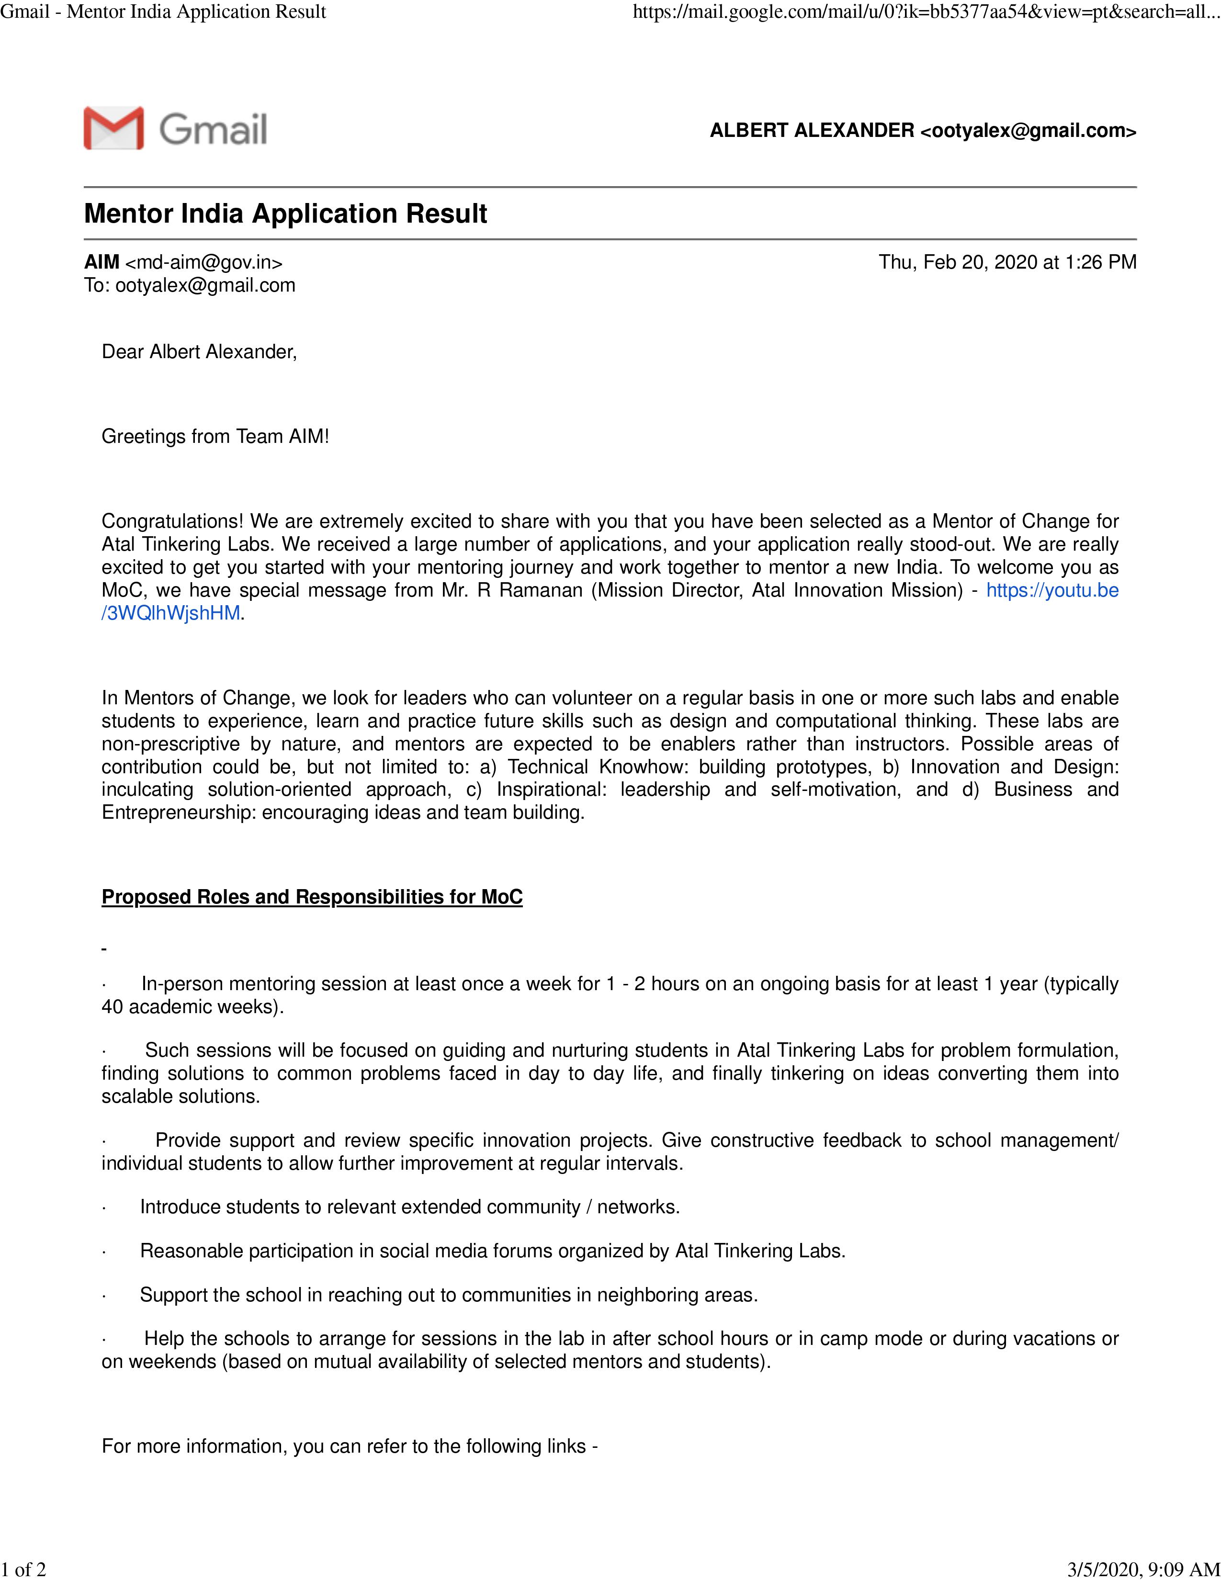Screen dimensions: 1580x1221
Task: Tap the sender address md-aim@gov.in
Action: pyautogui.click(x=204, y=262)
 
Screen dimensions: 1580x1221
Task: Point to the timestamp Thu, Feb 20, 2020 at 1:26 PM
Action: pyautogui.click(x=1007, y=262)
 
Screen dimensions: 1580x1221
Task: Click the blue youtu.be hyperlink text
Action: pyautogui.click(x=1052, y=590)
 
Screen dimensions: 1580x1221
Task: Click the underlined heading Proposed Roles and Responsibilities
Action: pyautogui.click(x=312, y=897)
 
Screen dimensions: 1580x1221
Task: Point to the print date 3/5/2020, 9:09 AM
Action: pyautogui.click(x=1143, y=1569)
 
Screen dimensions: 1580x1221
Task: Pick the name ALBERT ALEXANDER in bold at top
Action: pyautogui.click(x=812, y=130)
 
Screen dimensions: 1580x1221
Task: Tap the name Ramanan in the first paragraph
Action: pyautogui.click(x=540, y=590)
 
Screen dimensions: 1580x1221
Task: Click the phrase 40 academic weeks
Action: pyautogui.click(x=191, y=1006)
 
